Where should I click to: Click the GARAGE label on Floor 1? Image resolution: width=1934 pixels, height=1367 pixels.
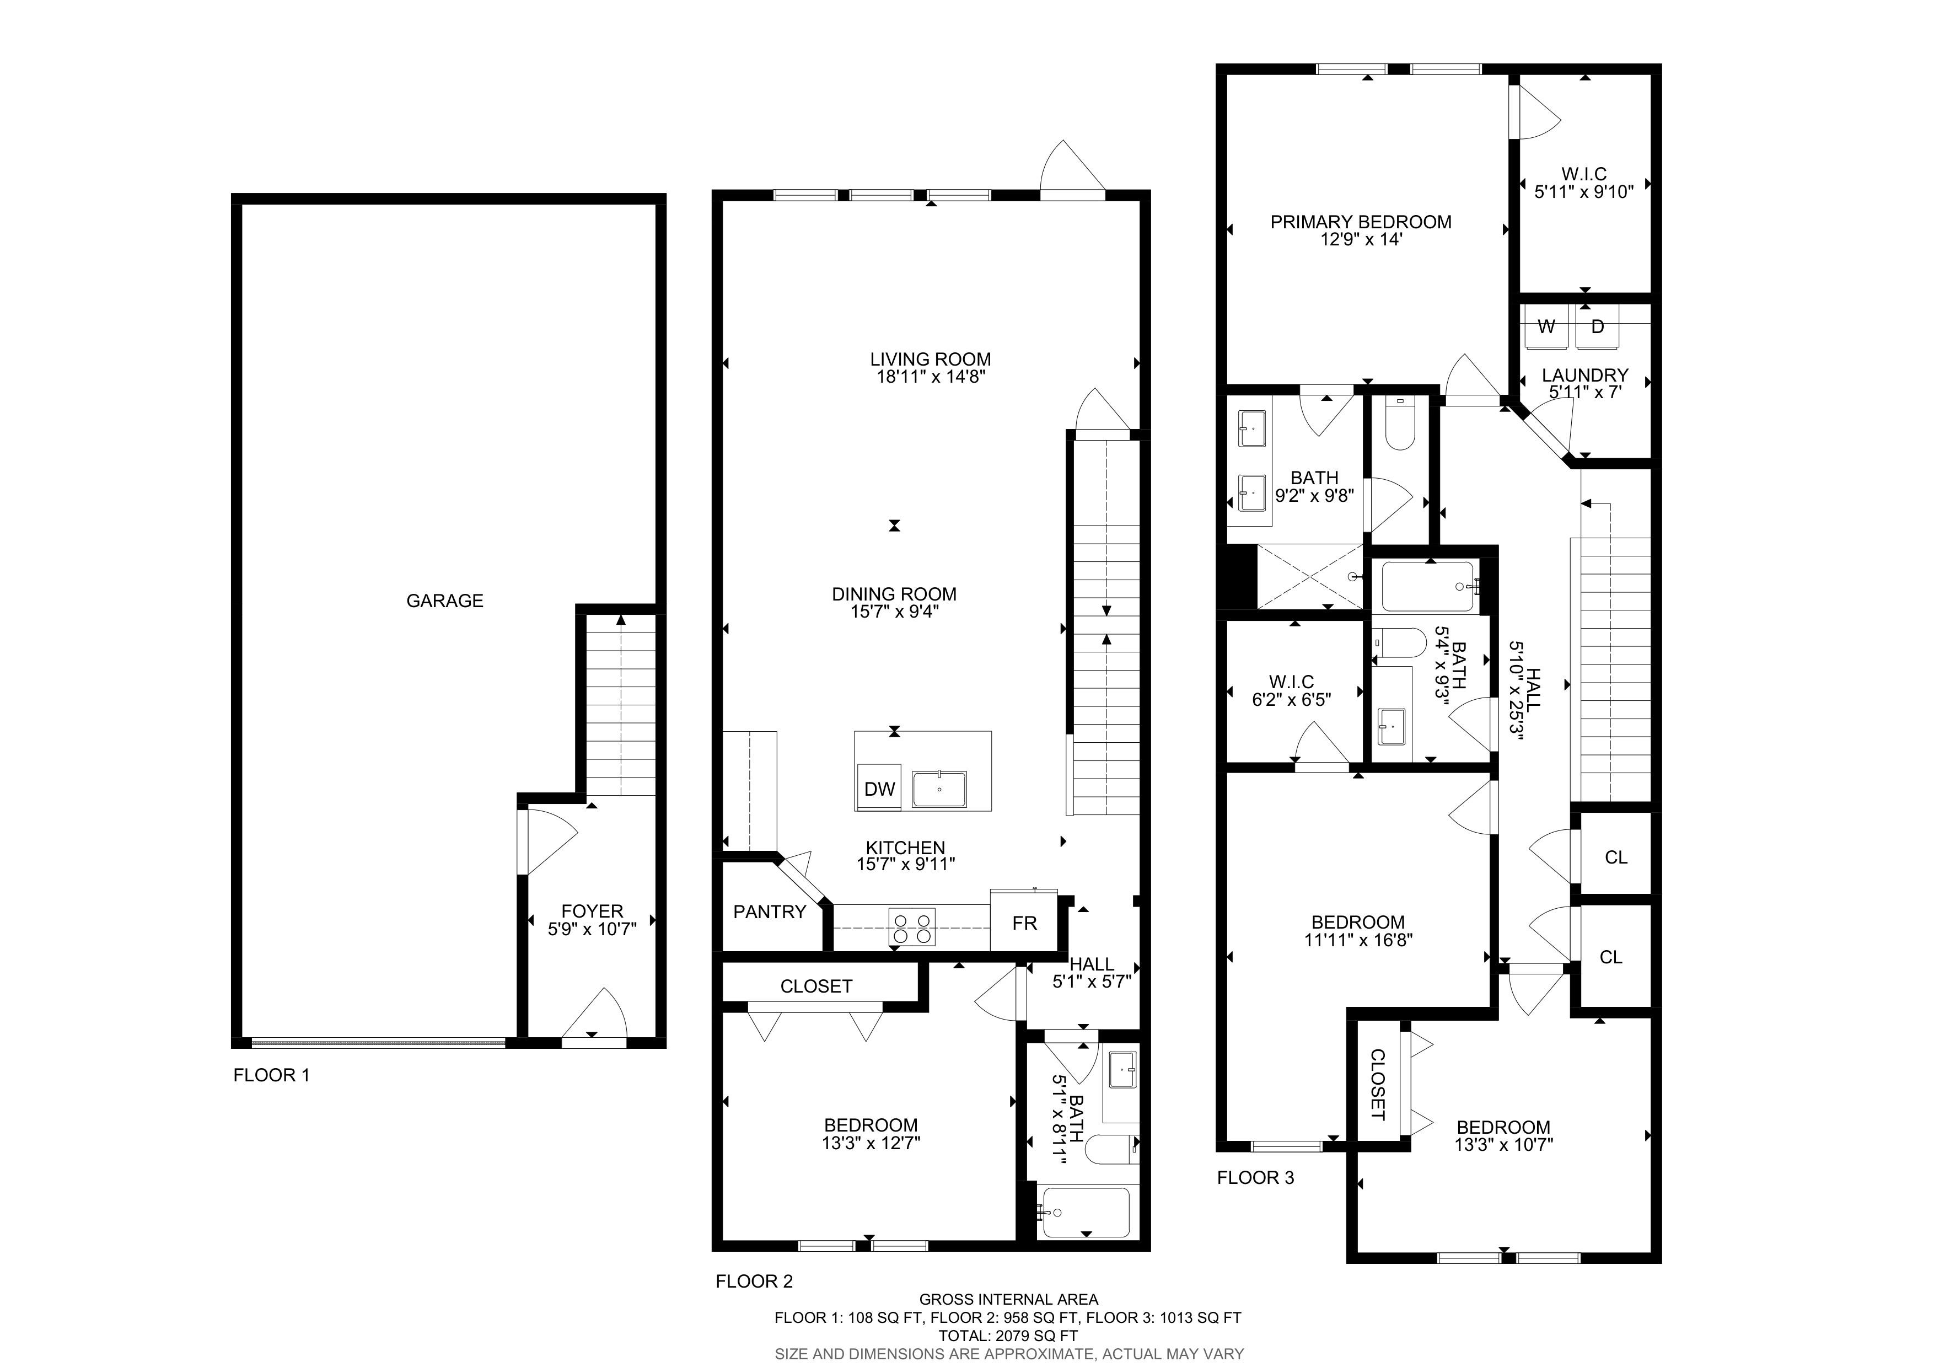pyautogui.click(x=445, y=601)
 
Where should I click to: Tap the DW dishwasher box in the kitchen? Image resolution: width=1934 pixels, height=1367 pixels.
pyautogui.click(x=879, y=787)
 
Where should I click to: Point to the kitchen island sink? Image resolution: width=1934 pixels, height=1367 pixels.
pyautogui.click(x=939, y=789)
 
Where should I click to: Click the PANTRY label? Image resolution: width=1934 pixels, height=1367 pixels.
pyautogui.click(x=769, y=912)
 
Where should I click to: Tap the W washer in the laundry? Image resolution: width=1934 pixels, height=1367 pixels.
pyautogui.click(x=1546, y=326)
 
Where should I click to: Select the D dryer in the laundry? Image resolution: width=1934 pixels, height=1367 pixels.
pyautogui.click(x=1597, y=326)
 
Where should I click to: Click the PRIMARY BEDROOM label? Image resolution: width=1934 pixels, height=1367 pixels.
pyautogui.click(x=1361, y=222)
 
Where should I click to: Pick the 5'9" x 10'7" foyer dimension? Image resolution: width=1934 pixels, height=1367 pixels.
pyautogui.click(x=592, y=929)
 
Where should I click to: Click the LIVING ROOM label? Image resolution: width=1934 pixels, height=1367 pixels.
pyautogui.click(x=930, y=359)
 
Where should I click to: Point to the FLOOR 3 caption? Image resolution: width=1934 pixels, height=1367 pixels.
pyautogui.click(x=1255, y=1177)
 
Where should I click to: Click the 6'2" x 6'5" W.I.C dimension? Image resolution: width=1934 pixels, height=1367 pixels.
pyautogui.click(x=1291, y=699)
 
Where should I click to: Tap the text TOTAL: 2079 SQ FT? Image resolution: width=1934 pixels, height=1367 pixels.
pyautogui.click(x=1008, y=1335)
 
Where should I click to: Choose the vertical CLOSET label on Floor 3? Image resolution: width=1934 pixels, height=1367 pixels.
pyautogui.click(x=1377, y=1084)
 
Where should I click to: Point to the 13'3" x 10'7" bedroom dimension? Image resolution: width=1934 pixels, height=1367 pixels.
pyautogui.click(x=1503, y=1145)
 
